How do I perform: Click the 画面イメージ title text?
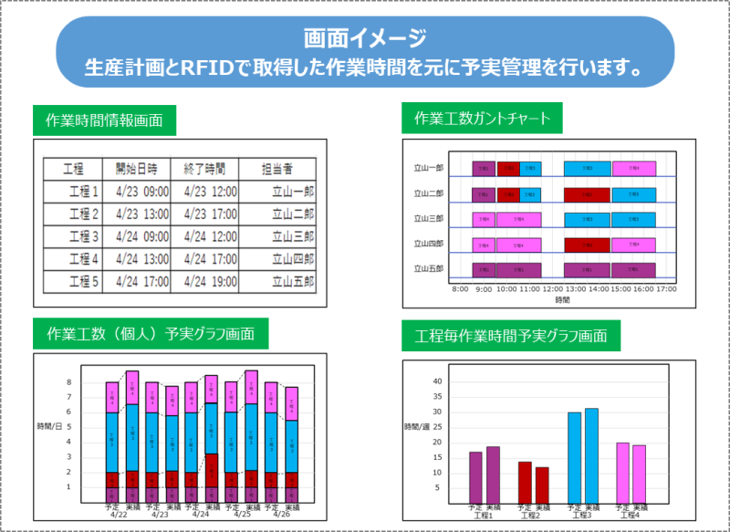click(x=365, y=38)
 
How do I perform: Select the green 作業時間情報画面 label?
click(x=104, y=119)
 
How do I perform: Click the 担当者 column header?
click(x=276, y=169)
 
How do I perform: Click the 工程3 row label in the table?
click(x=83, y=236)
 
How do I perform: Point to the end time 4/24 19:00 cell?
click(x=210, y=281)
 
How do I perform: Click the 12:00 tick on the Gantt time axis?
click(x=553, y=288)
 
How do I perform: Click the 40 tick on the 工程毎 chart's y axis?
click(x=436, y=381)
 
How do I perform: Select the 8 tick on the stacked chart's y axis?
click(x=68, y=382)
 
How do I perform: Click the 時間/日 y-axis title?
click(x=50, y=427)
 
